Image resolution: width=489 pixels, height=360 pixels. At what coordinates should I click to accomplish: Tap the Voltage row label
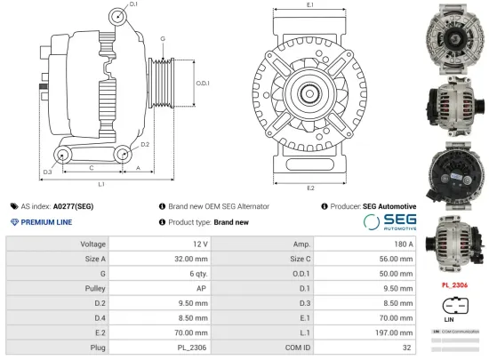coord(93,244)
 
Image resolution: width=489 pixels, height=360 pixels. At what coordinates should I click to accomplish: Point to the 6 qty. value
coord(196,274)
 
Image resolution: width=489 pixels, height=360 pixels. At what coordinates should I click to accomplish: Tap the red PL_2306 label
coord(454,285)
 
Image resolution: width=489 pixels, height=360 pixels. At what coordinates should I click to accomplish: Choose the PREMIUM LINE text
coord(46,222)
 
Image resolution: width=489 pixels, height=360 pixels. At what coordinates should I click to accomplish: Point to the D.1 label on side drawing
coord(133,5)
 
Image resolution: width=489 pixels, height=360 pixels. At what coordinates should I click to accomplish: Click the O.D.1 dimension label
coord(203,84)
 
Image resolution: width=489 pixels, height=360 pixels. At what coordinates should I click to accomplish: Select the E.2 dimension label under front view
coord(310,188)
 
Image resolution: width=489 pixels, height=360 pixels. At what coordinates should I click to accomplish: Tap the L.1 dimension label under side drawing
coord(101,184)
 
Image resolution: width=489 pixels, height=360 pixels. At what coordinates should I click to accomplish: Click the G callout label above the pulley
coord(163,38)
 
